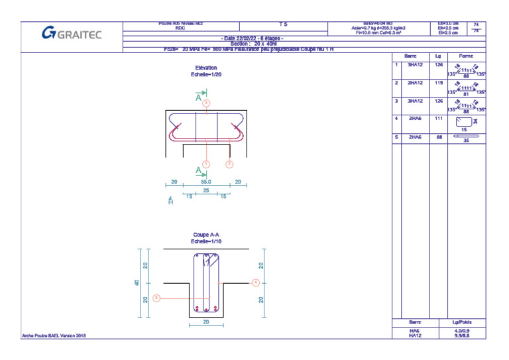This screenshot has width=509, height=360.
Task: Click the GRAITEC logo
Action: click(x=72, y=34)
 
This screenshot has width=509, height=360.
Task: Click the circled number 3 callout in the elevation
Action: click(x=206, y=103)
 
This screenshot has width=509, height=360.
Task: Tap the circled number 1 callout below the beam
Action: click(x=206, y=164)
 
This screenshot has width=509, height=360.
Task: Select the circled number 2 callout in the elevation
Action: click(x=229, y=164)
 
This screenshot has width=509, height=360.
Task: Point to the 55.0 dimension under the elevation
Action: click(x=205, y=182)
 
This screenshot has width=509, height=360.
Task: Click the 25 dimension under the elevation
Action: click(x=206, y=190)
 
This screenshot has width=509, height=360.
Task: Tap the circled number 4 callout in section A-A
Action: click(x=255, y=282)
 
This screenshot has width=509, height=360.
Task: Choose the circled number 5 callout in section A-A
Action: click(x=156, y=298)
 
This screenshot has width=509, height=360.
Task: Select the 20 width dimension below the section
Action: click(x=206, y=322)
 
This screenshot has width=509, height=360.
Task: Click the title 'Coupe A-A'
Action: click(x=205, y=235)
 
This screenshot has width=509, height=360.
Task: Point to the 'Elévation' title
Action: click(x=205, y=68)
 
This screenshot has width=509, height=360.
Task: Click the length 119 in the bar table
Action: click(x=438, y=84)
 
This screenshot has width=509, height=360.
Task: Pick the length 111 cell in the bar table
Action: click(x=438, y=118)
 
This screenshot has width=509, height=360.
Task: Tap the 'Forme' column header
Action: click(x=466, y=56)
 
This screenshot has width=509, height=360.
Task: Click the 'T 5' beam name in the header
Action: click(x=283, y=24)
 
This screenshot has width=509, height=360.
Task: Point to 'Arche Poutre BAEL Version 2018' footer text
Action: click(x=54, y=335)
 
